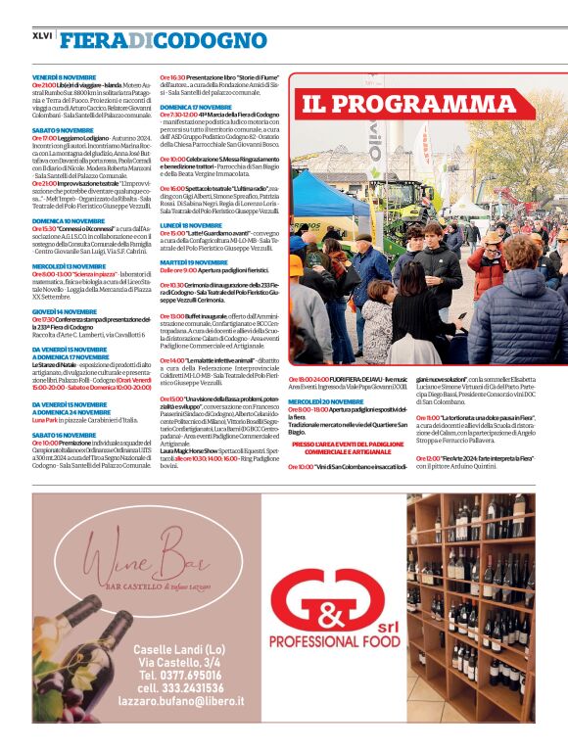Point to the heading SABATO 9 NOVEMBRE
63,129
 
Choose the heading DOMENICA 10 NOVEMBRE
70,221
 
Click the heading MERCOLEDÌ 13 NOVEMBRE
69,265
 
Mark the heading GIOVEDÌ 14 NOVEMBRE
65,311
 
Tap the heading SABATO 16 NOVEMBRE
64,435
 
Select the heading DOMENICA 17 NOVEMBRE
196,107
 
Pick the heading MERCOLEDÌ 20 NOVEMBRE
326,400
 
